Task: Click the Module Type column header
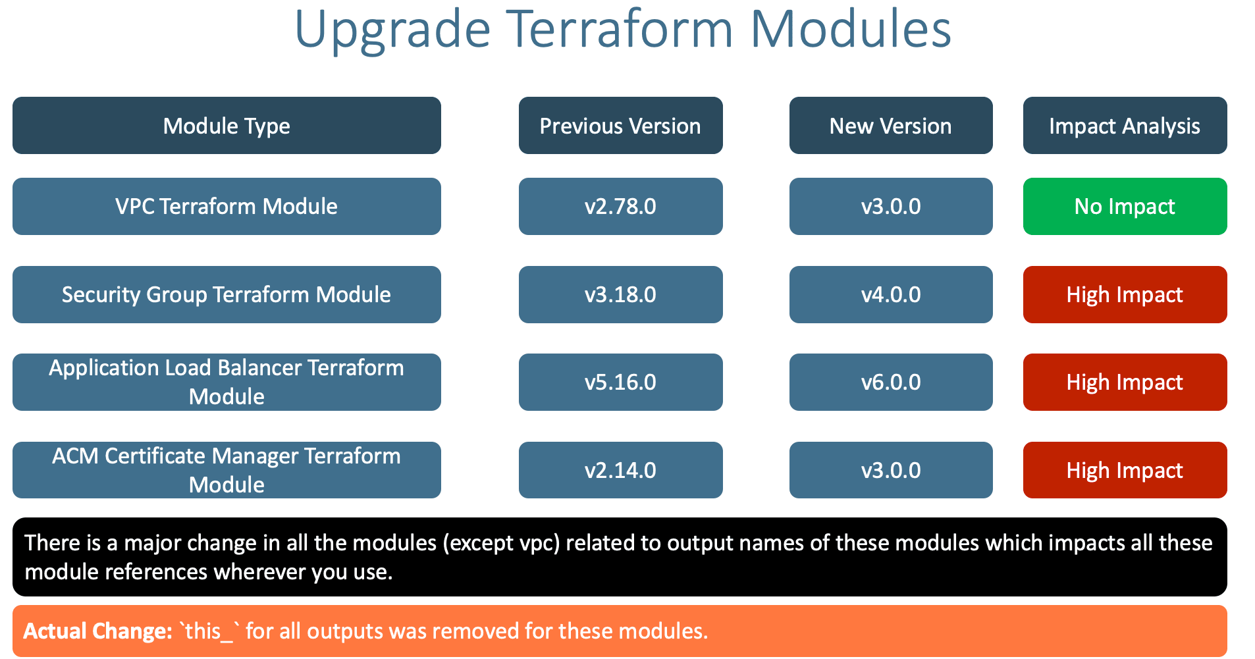point(227,126)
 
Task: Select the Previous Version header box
point(620,126)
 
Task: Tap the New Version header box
point(890,126)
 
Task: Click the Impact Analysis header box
point(1124,126)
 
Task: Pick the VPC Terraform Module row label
point(227,207)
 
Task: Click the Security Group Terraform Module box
point(227,294)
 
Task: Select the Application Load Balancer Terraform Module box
point(227,382)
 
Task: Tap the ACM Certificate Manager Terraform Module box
point(227,470)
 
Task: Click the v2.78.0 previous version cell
point(620,207)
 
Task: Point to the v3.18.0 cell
point(620,294)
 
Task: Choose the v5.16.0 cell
point(620,382)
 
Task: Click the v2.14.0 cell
point(620,470)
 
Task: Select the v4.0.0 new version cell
point(890,294)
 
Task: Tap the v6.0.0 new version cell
point(890,382)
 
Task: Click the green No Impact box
point(1124,207)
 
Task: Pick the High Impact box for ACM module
point(1124,470)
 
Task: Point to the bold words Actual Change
point(97,631)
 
